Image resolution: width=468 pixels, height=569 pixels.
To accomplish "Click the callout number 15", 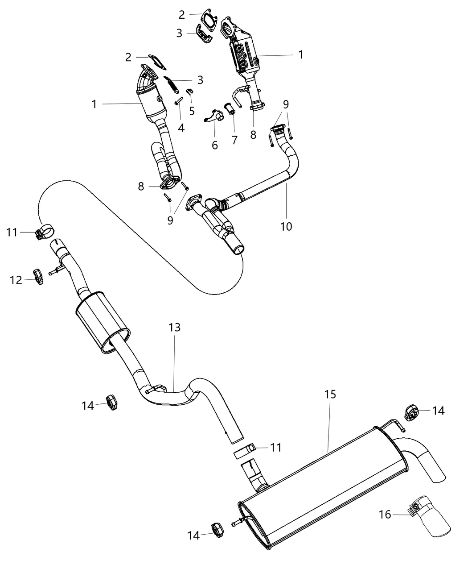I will coord(330,395).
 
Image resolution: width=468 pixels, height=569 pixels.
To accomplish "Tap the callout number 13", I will coord(175,328).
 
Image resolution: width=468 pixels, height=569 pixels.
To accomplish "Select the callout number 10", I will coord(286,226).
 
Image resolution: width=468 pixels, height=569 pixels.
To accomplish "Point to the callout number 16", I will coord(385,515).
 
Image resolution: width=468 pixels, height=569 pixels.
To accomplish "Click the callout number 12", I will coord(16,280).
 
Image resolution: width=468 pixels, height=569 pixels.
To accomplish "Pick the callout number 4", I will coord(181,128).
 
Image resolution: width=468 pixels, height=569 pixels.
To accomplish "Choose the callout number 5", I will coord(192,110).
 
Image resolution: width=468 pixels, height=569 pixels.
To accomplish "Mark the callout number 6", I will coord(215,145).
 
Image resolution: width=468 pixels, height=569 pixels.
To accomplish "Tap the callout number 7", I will coord(235,140).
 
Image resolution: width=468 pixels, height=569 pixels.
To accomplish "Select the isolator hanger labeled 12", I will coord(38,276).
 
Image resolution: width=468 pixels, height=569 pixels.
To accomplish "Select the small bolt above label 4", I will coord(179,102).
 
